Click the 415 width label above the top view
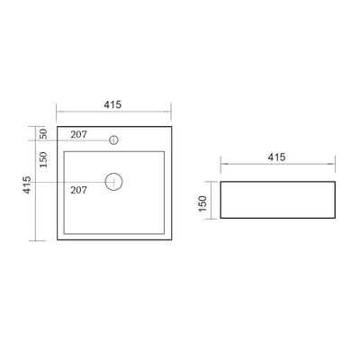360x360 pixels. [x=113, y=103]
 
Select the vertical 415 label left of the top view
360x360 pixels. [x=27, y=184]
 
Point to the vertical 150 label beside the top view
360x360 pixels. [x=42, y=158]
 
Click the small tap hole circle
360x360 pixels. [x=114, y=139]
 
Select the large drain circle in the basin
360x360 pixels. [x=113, y=181]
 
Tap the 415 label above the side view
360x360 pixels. [x=276, y=157]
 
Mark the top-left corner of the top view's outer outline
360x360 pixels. [x=57, y=127]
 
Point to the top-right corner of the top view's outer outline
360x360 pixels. [x=170, y=127]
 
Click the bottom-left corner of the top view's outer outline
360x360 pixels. [x=57, y=240]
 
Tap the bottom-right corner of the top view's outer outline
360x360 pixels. [x=170, y=240]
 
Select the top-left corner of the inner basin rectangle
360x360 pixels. [x=65, y=149]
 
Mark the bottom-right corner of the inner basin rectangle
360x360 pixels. [x=163, y=231]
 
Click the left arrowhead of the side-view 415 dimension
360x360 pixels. [x=223, y=165]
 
